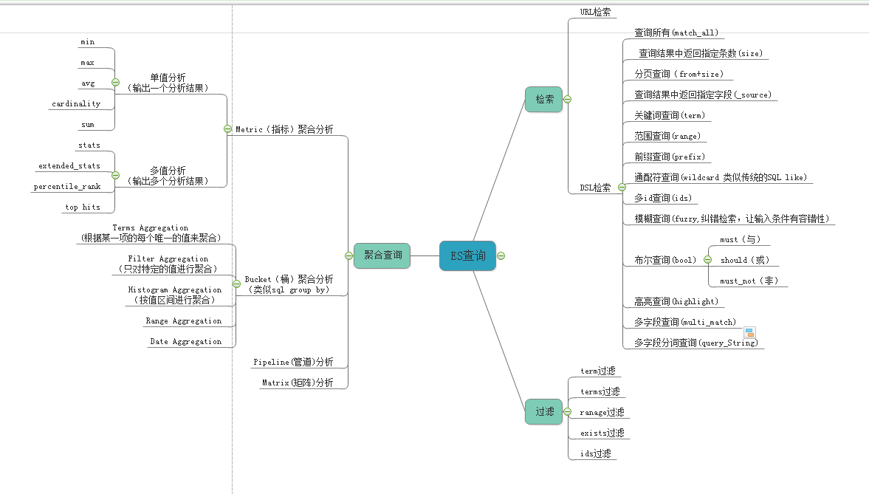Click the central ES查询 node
click(467, 255)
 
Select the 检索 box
click(543, 99)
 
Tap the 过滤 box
click(543, 411)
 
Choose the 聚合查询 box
click(382, 255)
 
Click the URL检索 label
click(595, 12)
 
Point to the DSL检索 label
click(595, 188)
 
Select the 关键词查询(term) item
click(669, 116)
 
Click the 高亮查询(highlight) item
click(676, 301)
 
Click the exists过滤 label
click(602, 433)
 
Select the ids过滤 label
click(595, 453)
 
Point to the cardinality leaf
click(76, 104)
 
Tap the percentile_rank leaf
click(66, 187)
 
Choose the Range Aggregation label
click(183, 321)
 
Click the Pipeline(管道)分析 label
click(293, 362)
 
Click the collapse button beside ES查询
click(501, 255)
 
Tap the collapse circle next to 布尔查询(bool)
click(707, 260)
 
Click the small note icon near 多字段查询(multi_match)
click(749, 333)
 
